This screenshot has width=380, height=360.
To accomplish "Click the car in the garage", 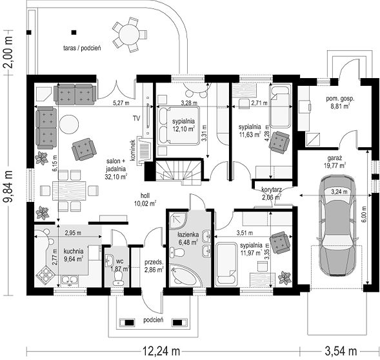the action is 337,225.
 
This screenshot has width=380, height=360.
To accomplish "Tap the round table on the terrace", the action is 129,35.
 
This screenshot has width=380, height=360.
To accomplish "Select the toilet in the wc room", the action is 119,278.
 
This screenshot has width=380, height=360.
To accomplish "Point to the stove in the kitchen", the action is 46,274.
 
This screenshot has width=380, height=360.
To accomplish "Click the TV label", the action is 136,119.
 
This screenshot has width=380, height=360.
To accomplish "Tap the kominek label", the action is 132,150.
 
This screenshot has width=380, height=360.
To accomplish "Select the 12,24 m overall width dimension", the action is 161,351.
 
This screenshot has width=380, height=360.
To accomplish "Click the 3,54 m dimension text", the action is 341,351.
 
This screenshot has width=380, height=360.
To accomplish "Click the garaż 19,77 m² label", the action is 335,162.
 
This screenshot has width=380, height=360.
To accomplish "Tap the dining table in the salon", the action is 69,191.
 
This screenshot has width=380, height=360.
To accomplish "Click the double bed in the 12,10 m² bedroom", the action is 178,125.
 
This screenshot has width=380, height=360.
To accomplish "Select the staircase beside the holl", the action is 179,171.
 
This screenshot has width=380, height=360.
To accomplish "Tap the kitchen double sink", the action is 70,280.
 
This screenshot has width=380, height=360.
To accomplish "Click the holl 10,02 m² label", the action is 145,199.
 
